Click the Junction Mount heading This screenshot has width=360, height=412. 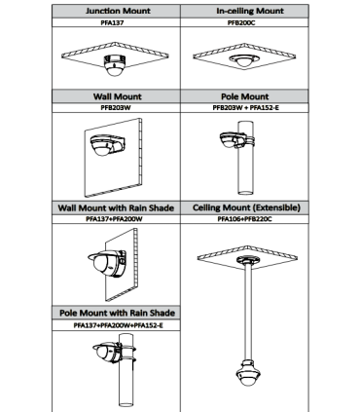pyautogui.click(x=118, y=11)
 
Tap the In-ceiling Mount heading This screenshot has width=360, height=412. pyautogui.click(x=250, y=11)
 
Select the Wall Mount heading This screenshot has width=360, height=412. pyautogui.click(x=118, y=96)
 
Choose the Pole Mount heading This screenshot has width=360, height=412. pyautogui.click(x=245, y=96)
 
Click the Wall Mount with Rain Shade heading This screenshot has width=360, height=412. pyautogui.click(x=116, y=207)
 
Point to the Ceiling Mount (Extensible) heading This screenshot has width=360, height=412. pyautogui.click(x=246, y=207)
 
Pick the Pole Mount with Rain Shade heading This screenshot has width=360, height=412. pyautogui.click(x=117, y=313)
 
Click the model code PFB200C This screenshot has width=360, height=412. pyautogui.click(x=241, y=22)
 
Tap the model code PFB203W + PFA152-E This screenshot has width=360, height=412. pyautogui.click(x=245, y=108)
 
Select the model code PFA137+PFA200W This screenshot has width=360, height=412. pyautogui.click(x=114, y=219)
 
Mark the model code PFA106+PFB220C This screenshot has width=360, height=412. pyautogui.click(x=244, y=219)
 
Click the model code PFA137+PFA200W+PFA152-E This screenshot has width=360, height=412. pyautogui.click(x=118, y=325)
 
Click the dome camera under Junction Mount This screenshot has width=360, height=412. pyautogui.click(x=114, y=65)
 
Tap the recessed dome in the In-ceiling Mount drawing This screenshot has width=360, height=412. pyautogui.click(x=244, y=60)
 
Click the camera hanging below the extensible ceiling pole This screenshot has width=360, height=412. pyautogui.click(x=248, y=372)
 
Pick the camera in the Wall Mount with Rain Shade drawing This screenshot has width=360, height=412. pyautogui.click(x=107, y=263)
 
